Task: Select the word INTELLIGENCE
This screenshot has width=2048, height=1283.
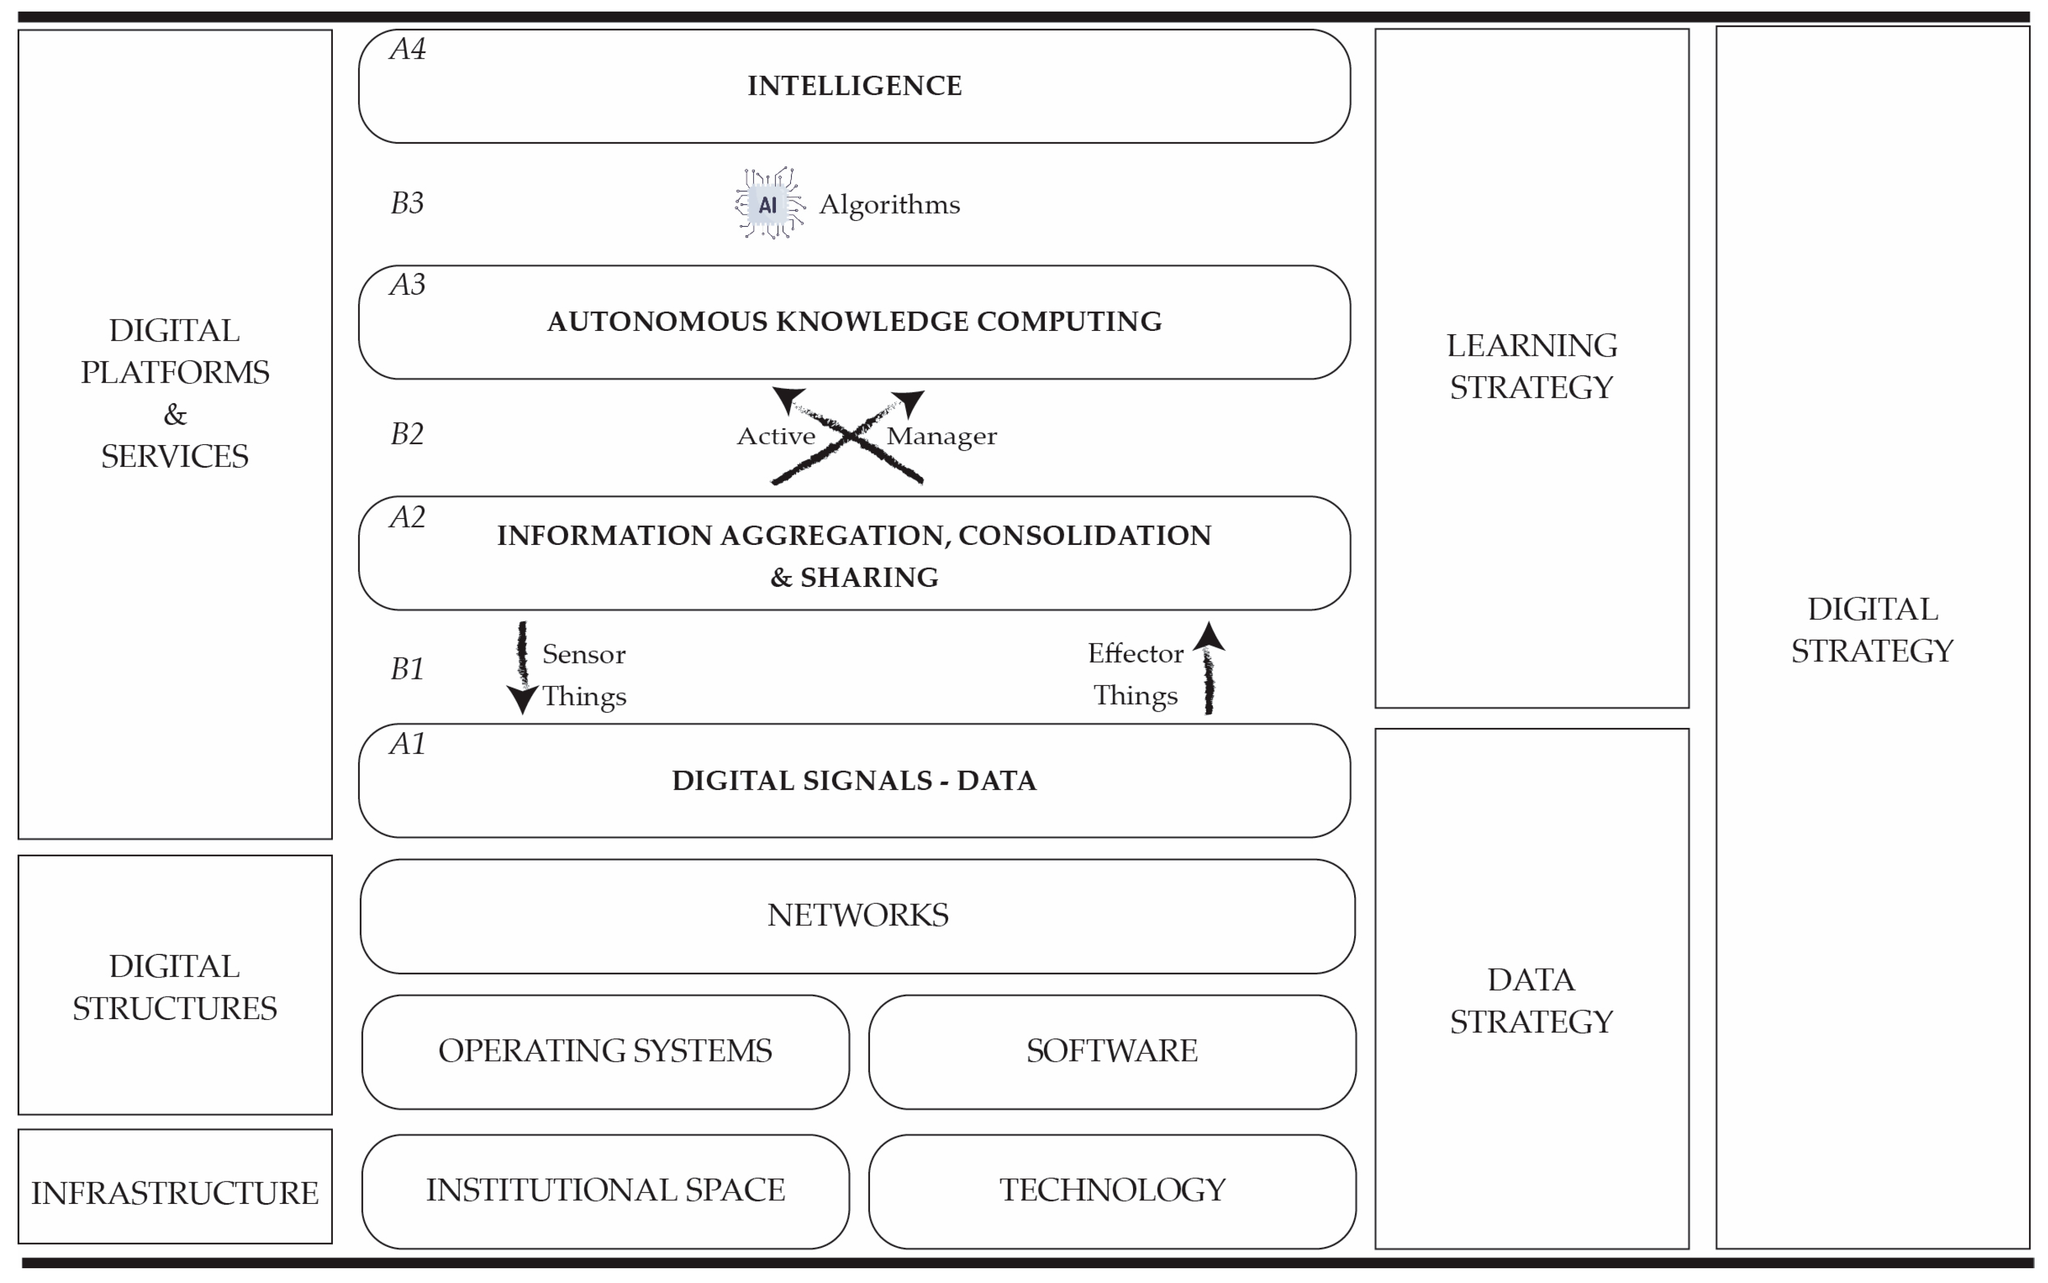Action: pyautogui.click(x=854, y=86)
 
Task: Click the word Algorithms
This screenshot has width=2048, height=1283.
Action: pyautogui.click(x=889, y=204)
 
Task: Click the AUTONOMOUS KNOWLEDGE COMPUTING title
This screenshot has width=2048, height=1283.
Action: pyautogui.click(x=854, y=322)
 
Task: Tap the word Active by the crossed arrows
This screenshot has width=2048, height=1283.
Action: pyautogui.click(x=776, y=436)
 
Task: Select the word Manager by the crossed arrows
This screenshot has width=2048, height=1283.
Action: pyautogui.click(x=941, y=436)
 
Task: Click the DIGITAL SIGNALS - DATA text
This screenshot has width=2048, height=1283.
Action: pyautogui.click(x=854, y=781)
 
